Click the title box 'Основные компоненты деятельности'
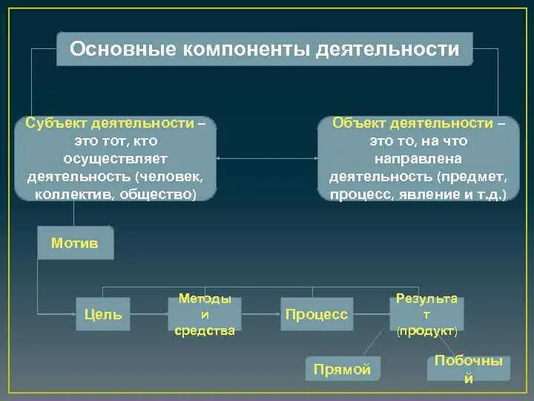(265, 49)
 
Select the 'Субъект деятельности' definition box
(116, 158)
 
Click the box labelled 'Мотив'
(75, 243)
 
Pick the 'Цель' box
(104, 314)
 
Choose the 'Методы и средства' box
(205, 314)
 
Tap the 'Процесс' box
(316, 314)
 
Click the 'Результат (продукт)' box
(426, 313)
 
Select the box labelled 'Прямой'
(342, 369)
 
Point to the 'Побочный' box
(468, 368)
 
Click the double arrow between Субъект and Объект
(267, 158)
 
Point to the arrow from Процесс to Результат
(371, 314)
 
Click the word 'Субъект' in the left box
(50, 123)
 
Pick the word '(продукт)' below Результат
(426, 328)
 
